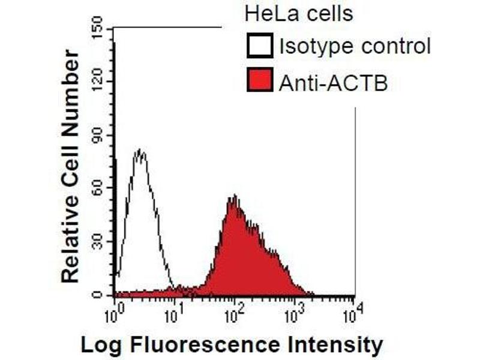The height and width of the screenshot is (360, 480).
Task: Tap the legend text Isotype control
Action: tap(355, 46)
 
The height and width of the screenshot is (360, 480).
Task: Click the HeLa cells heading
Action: tap(298, 13)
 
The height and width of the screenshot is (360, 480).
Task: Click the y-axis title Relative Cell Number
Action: tap(70, 167)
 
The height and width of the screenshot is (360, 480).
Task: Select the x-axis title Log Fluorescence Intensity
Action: tap(231, 345)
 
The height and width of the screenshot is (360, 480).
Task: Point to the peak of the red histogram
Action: tap(235, 196)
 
